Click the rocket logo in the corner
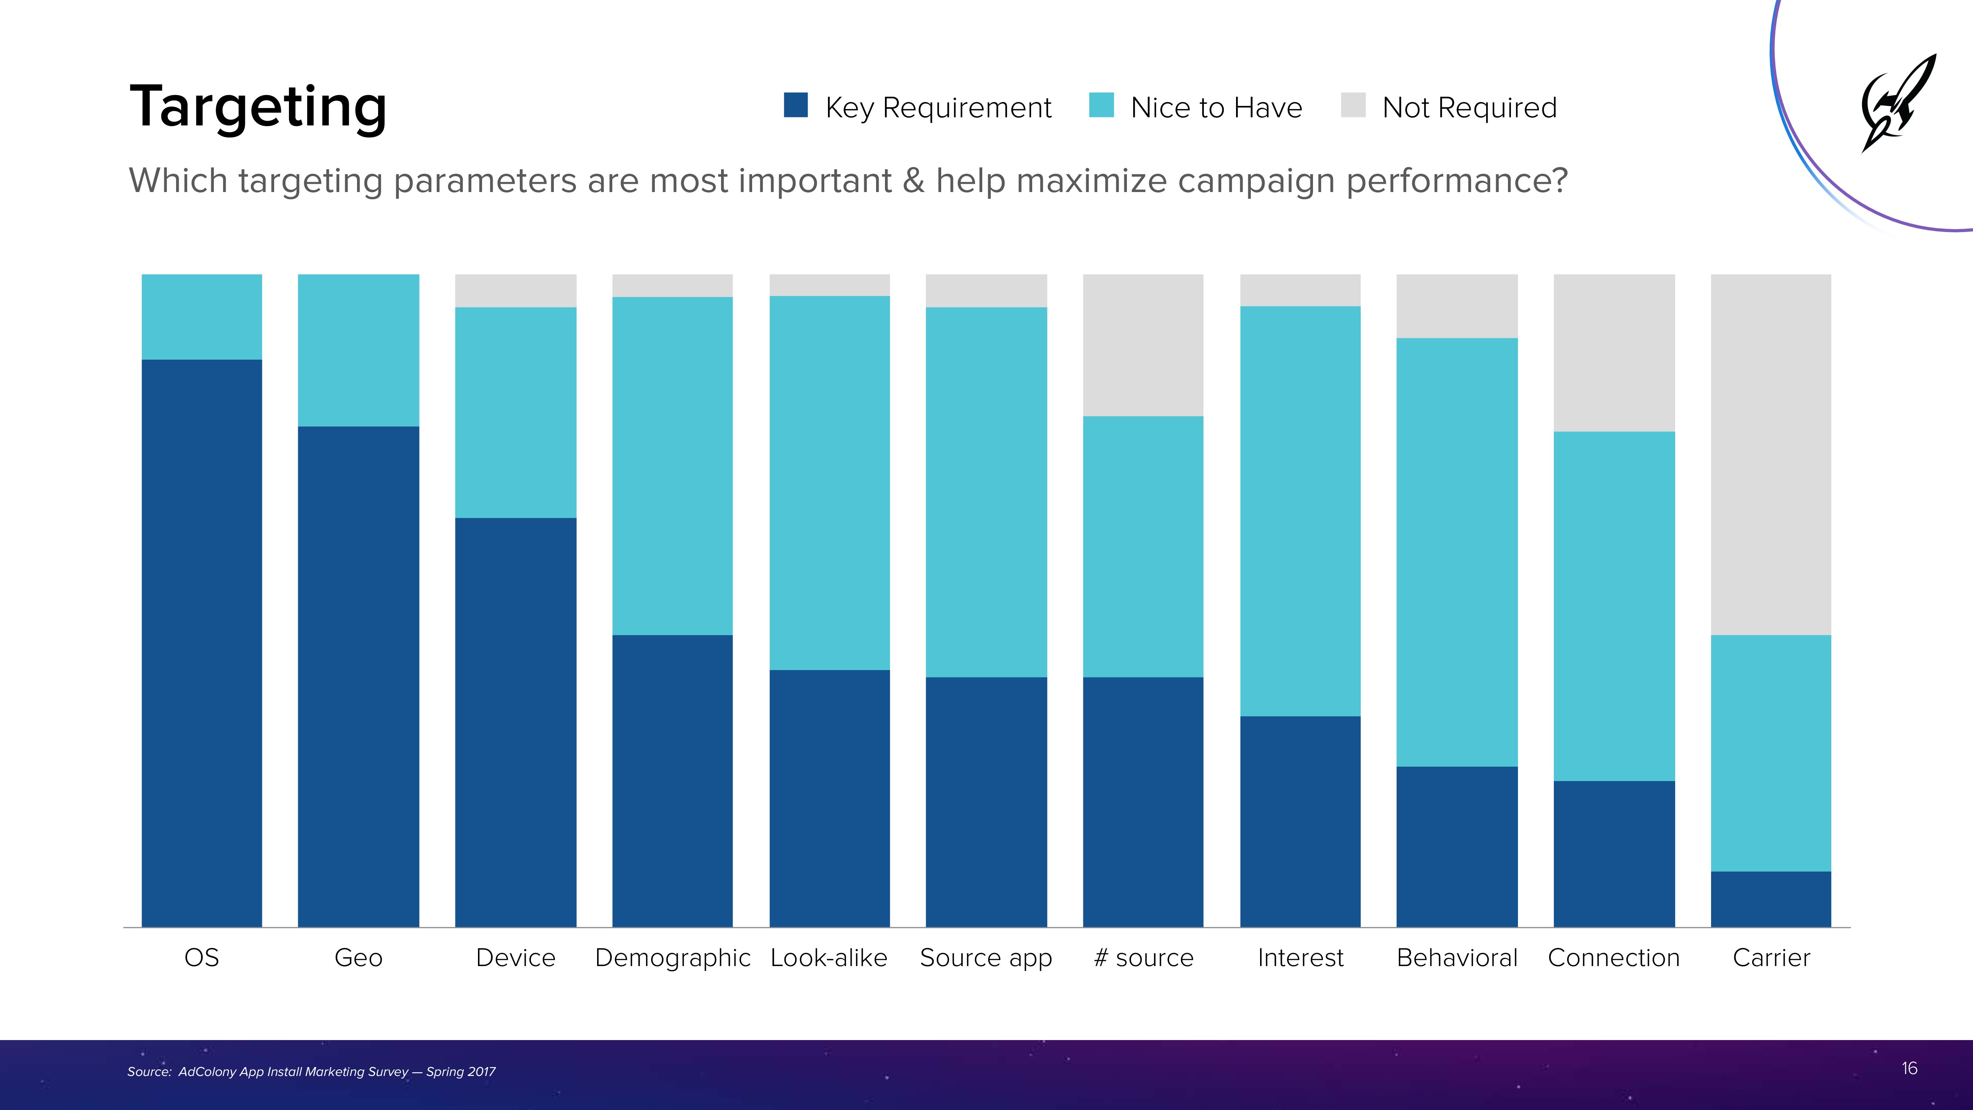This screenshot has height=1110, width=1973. [1898, 104]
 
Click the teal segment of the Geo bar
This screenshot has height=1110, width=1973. [358, 350]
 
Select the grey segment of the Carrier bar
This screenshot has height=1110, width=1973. [1771, 454]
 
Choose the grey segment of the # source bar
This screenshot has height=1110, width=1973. [1143, 345]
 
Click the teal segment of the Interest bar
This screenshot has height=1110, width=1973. [1300, 511]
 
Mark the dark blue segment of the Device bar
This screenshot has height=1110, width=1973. [515, 722]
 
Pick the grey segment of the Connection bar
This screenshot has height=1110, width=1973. [1614, 352]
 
